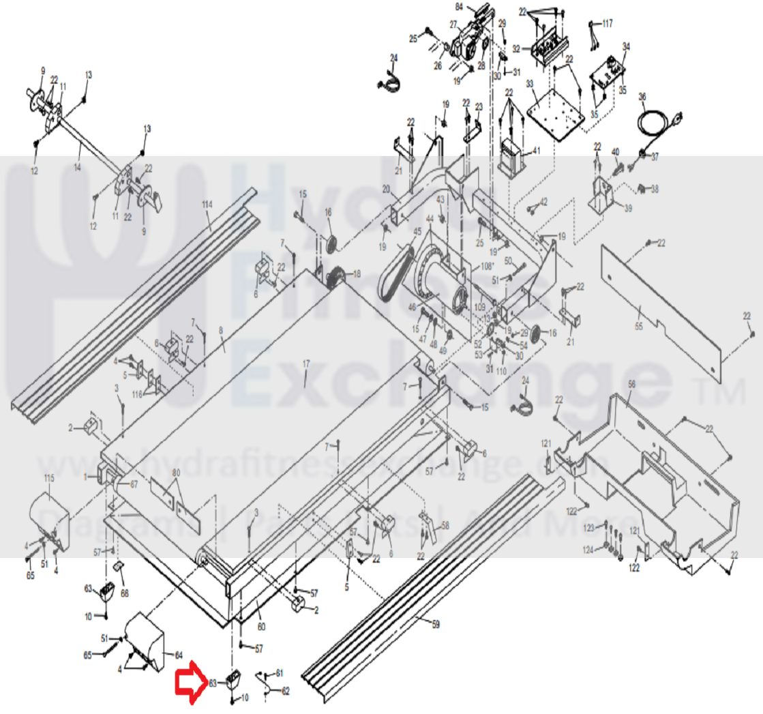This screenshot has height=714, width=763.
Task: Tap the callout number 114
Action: (x=207, y=205)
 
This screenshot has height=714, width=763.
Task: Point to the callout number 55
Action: (x=638, y=327)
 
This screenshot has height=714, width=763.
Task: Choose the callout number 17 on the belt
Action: (x=306, y=363)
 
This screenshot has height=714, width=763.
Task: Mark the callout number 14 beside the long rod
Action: (x=77, y=166)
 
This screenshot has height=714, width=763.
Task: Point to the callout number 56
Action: (x=631, y=385)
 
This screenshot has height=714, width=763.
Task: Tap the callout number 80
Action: (x=175, y=472)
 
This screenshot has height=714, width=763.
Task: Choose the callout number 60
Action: (x=260, y=627)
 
